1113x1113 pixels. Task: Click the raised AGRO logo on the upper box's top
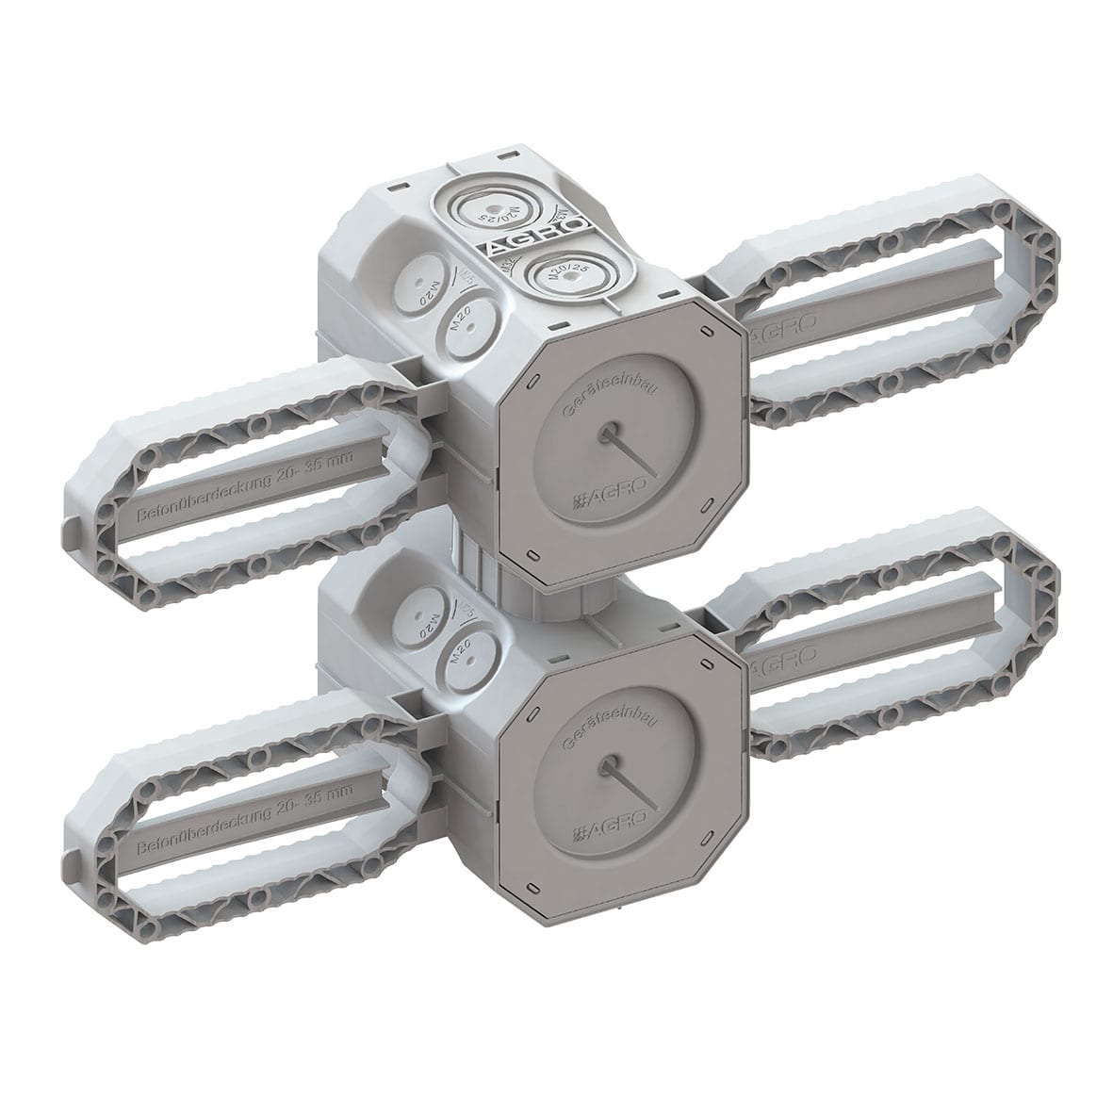point(541,238)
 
